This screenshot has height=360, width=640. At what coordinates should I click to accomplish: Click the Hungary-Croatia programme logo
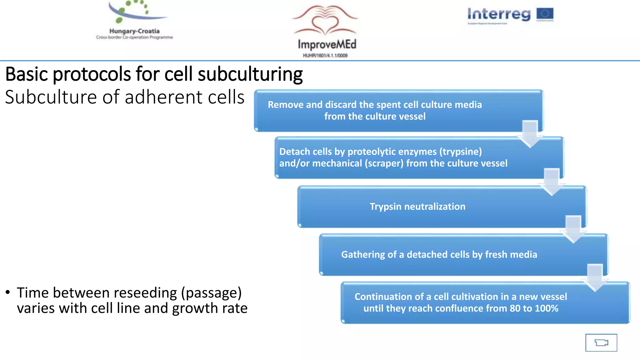(x=134, y=20)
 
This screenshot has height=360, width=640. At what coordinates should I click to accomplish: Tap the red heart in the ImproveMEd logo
(x=325, y=25)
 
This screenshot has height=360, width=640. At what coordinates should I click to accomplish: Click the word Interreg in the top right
(x=499, y=14)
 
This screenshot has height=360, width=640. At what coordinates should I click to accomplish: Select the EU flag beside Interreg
(x=545, y=14)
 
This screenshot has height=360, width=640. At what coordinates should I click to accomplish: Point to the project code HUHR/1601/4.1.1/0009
(x=325, y=56)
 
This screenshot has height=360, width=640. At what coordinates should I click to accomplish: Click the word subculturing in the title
(x=250, y=74)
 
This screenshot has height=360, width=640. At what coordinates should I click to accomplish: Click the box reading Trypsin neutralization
(x=442, y=207)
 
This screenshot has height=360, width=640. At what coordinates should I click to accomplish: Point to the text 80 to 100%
(x=534, y=308)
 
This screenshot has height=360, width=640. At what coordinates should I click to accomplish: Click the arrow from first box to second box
(x=530, y=134)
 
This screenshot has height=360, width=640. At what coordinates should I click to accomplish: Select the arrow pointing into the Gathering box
(x=573, y=229)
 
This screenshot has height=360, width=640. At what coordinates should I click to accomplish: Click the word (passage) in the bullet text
(x=211, y=293)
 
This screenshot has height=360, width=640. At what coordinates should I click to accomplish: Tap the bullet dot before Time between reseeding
(x=8, y=292)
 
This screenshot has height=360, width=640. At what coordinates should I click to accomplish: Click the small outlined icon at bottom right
(x=601, y=342)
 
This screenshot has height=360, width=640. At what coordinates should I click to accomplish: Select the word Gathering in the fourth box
(x=363, y=255)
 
